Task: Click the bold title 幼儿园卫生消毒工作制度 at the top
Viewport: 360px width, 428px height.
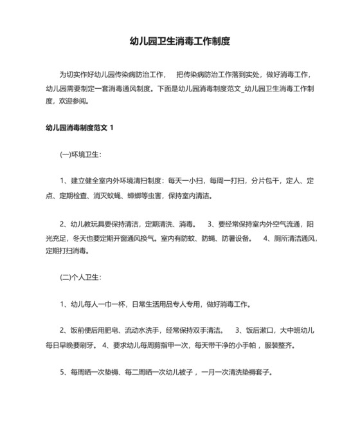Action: coord(179,41)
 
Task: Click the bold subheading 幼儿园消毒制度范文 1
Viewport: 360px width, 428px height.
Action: coord(80,127)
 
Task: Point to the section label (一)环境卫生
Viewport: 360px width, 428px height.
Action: coord(80,154)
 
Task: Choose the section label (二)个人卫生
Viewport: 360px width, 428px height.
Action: coord(80,277)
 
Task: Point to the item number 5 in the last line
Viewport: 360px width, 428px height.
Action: coord(62,372)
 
